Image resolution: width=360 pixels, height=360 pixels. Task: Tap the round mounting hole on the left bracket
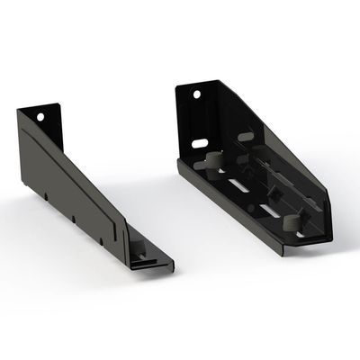pyautogui.click(x=40, y=116)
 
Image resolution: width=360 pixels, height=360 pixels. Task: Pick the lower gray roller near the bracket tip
pyautogui.click(x=291, y=222)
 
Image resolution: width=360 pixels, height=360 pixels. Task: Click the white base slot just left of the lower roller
pyautogui.click(x=269, y=211)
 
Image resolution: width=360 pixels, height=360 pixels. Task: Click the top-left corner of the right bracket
pyautogui.click(x=177, y=87)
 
